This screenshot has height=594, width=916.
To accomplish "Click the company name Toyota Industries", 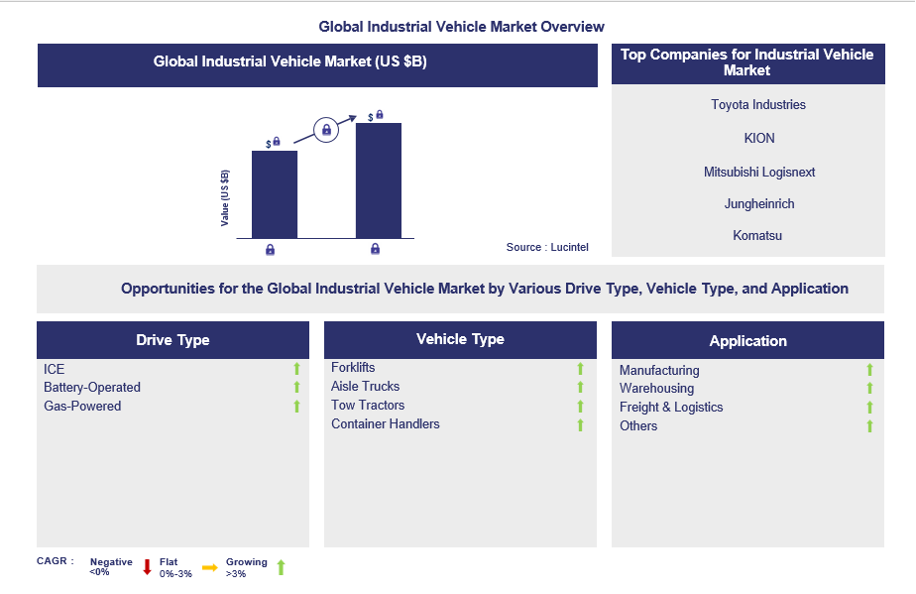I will pyautogui.click(x=758, y=105).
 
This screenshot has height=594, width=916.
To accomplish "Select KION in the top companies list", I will pyautogui.click(x=758, y=139).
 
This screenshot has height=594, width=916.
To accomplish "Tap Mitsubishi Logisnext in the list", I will pyautogui.click(x=758, y=173).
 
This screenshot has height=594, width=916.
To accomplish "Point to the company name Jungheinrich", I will pyautogui.click(x=758, y=204).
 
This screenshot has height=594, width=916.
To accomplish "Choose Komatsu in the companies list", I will pyautogui.click(x=758, y=236).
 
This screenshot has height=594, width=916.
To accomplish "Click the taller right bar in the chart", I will pyautogui.click(x=379, y=180).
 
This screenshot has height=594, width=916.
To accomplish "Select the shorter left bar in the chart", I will pyautogui.click(x=275, y=194).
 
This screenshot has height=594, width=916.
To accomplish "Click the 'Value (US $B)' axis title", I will pyautogui.click(x=225, y=198).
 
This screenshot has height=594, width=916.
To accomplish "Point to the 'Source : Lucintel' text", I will pyautogui.click(x=547, y=247).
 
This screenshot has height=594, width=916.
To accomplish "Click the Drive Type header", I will pyautogui.click(x=172, y=340).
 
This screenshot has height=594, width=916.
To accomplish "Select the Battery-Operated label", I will pyautogui.click(x=92, y=388).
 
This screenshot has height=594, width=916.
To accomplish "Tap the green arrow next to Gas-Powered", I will pyautogui.click(x=295, y=407).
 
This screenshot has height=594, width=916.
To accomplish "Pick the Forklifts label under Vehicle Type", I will pyautogui.click(x=353, y=368).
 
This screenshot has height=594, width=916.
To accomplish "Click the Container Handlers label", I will pyautogui.click(x=386, y=424).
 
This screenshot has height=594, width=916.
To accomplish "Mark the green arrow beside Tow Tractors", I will pyautogui.click(x=581, y=407).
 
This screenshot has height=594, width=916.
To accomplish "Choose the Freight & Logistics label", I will pyautogui.click(x=671, y=408).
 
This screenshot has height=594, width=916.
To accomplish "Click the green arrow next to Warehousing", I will pyautogui.click(x=869, y=389).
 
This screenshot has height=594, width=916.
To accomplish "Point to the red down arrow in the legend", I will pyautogui.click(x=147, y=567).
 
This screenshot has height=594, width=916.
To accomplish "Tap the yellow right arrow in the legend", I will pyautogui.click(x=209, y=567).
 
